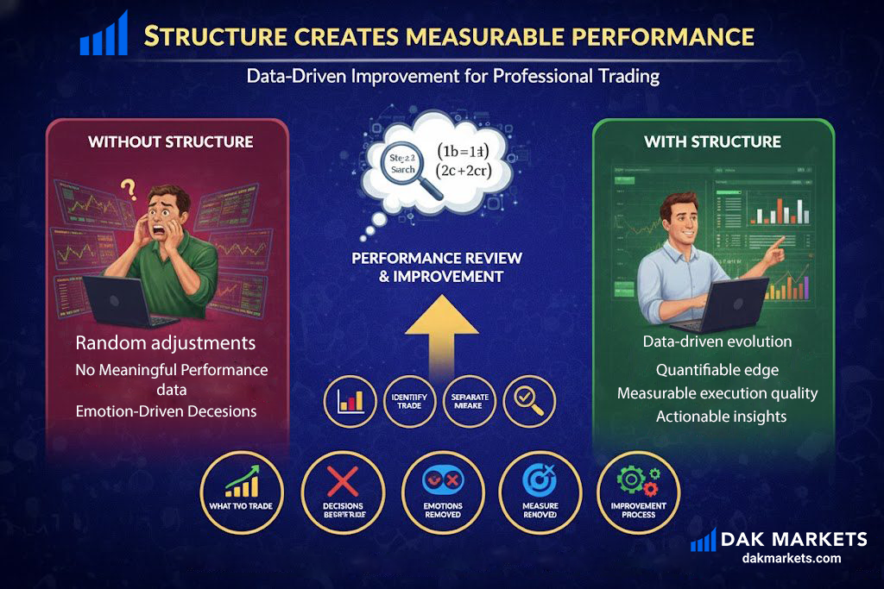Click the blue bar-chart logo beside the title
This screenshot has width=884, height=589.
tap(104, 34)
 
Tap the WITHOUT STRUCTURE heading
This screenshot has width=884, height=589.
tap(170, 141)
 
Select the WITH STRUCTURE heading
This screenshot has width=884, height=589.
tap(712, 141)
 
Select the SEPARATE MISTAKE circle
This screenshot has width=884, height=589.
tap(470, 401)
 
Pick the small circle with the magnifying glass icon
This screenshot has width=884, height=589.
tap(529, 401)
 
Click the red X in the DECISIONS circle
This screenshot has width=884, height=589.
tap(343, 481)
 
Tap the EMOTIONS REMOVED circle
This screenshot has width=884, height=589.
tap(443, 492)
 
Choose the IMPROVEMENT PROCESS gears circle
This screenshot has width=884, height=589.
tap(638, 492)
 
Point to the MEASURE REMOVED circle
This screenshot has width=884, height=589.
tap(540, 492)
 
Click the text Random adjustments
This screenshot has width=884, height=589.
tap(166, 342)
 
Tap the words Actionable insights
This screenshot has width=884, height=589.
tap(721, 417)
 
